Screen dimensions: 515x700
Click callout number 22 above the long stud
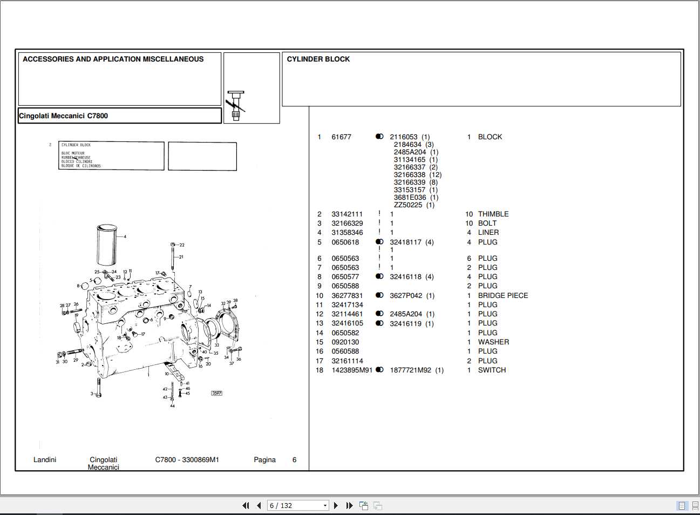(182, 245)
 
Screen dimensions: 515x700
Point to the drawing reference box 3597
(216, 393)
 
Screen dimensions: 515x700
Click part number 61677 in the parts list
(341, 137)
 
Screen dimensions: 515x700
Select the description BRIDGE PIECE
(502, 296)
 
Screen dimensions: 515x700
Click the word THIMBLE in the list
(493, 214)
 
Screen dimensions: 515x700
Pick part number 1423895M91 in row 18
(351, 370)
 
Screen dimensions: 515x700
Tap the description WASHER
(493, 342)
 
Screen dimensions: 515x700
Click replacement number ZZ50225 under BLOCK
(408, 205)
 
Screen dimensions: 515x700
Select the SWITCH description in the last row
(492, 370)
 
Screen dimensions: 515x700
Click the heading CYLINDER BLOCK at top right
(318, 59)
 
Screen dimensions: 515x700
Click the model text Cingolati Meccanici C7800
(64, 116)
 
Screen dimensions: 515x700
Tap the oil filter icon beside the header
(235, 105)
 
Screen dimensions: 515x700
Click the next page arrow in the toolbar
(336, 506)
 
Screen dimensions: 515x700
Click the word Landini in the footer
(45, 460)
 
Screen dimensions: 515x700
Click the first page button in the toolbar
(246, 506)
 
